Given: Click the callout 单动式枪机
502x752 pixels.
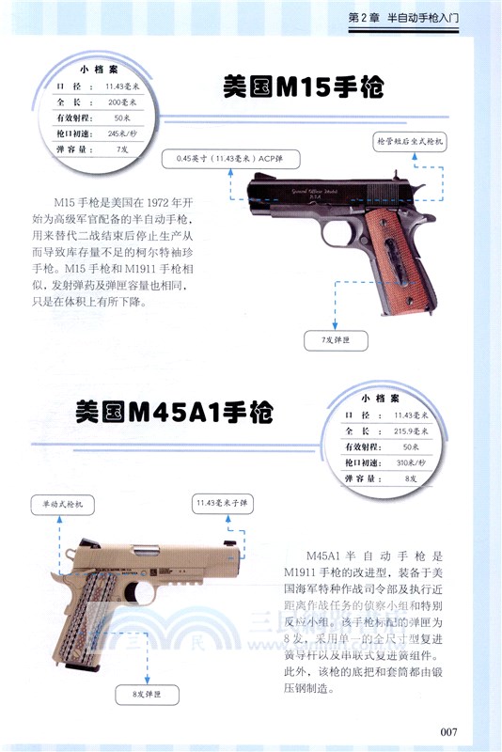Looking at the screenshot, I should tap(64, 506).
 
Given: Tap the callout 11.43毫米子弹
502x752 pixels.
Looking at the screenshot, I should tap(223, 504).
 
